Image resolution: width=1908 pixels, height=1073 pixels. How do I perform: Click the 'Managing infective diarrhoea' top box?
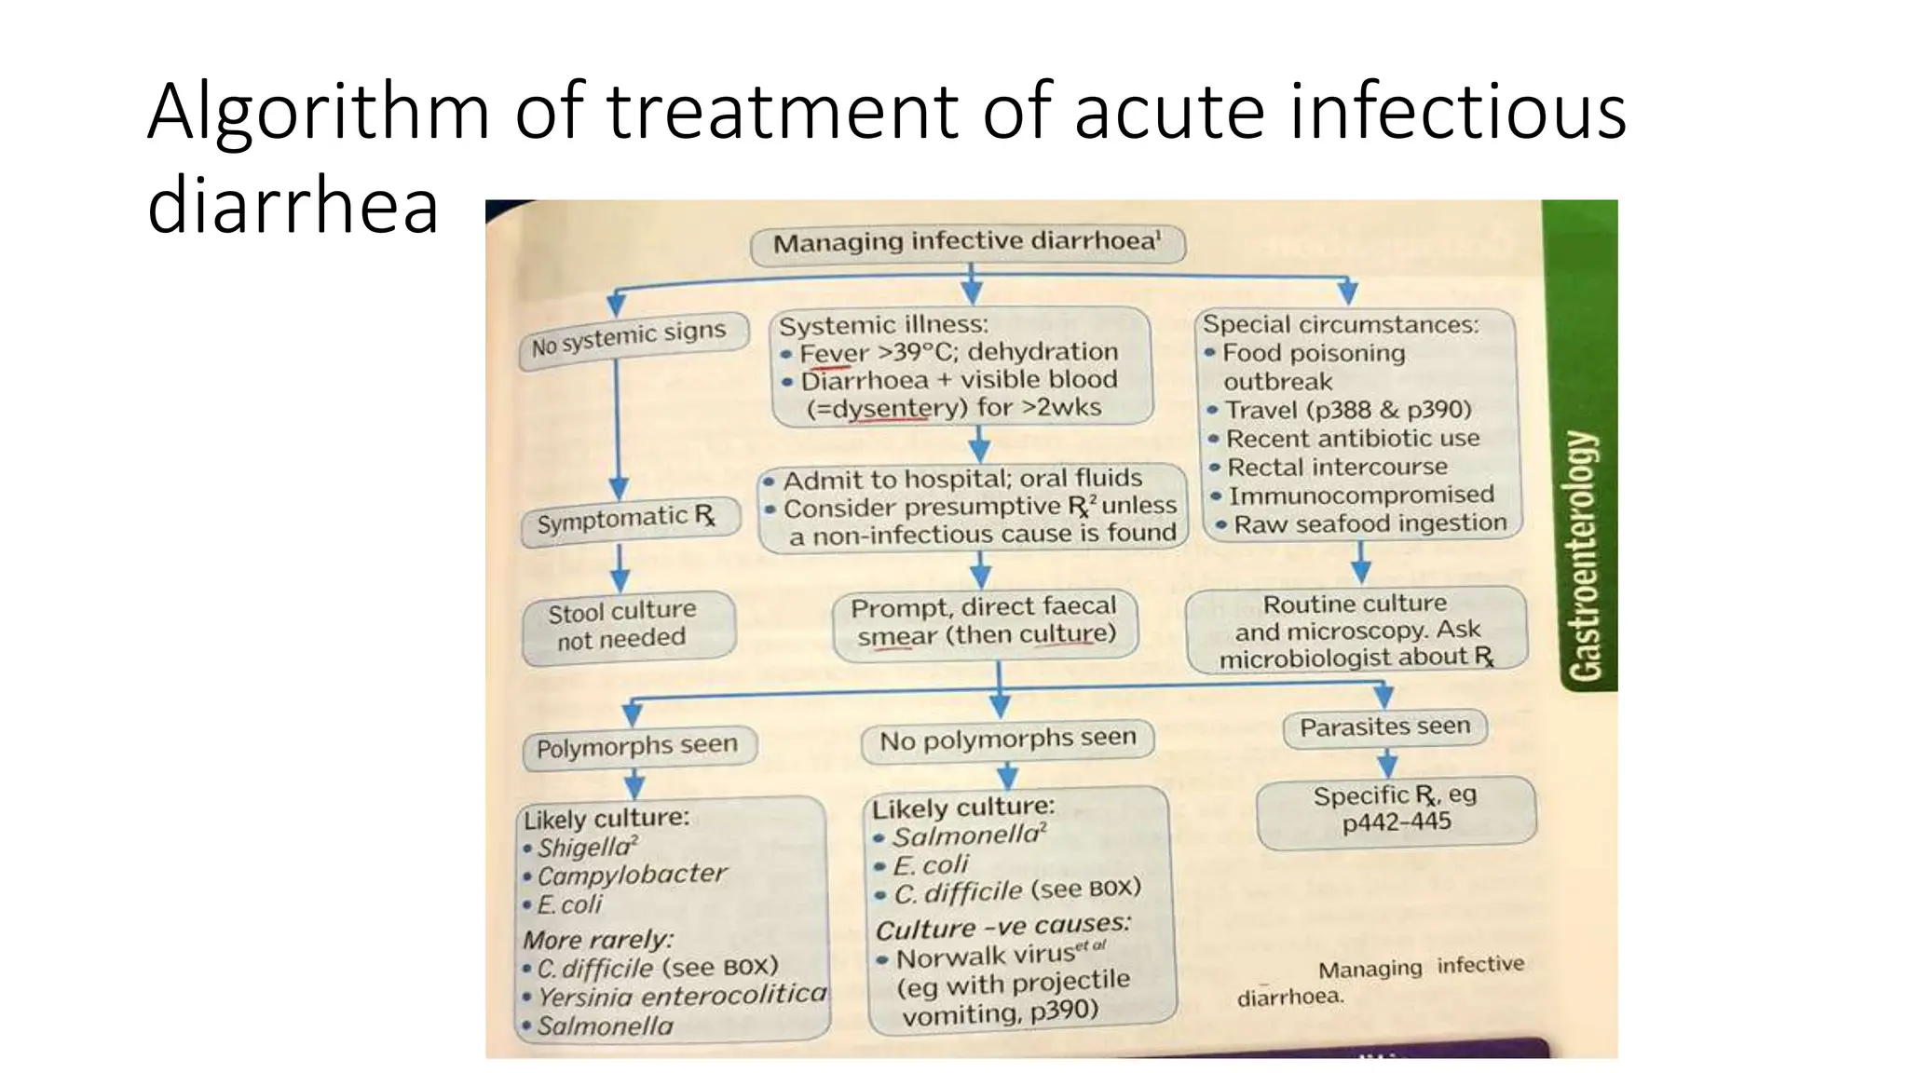[967, 244]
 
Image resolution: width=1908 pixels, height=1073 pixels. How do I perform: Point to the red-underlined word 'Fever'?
[834, 354]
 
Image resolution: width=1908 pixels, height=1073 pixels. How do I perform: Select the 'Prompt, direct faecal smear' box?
[985, 622]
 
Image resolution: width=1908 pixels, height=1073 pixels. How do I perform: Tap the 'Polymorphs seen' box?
[638, 746]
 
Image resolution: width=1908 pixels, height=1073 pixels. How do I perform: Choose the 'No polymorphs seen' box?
[1007, 740]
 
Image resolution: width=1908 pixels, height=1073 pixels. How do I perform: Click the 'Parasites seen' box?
[1384, 727]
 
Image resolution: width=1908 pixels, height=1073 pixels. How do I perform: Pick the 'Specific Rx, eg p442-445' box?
[1395, 809]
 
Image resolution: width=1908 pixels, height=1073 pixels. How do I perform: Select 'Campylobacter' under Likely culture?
[631, 875]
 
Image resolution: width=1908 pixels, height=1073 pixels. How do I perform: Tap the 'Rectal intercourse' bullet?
[1336, 467]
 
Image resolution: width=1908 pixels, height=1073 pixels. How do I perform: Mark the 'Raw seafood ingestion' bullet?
[1369, 524]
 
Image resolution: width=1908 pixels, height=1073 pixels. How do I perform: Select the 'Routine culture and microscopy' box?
[1356, 631]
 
